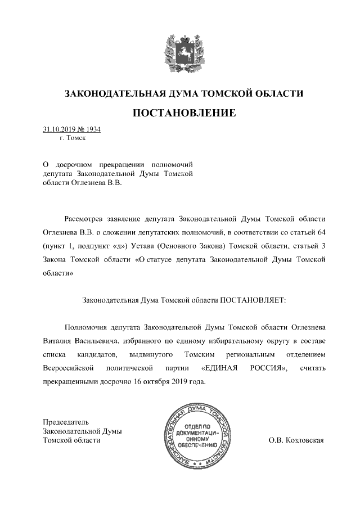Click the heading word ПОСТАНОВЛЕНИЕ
pos(184,113)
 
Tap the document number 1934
pos(93,129)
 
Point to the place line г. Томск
pos(72,137)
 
